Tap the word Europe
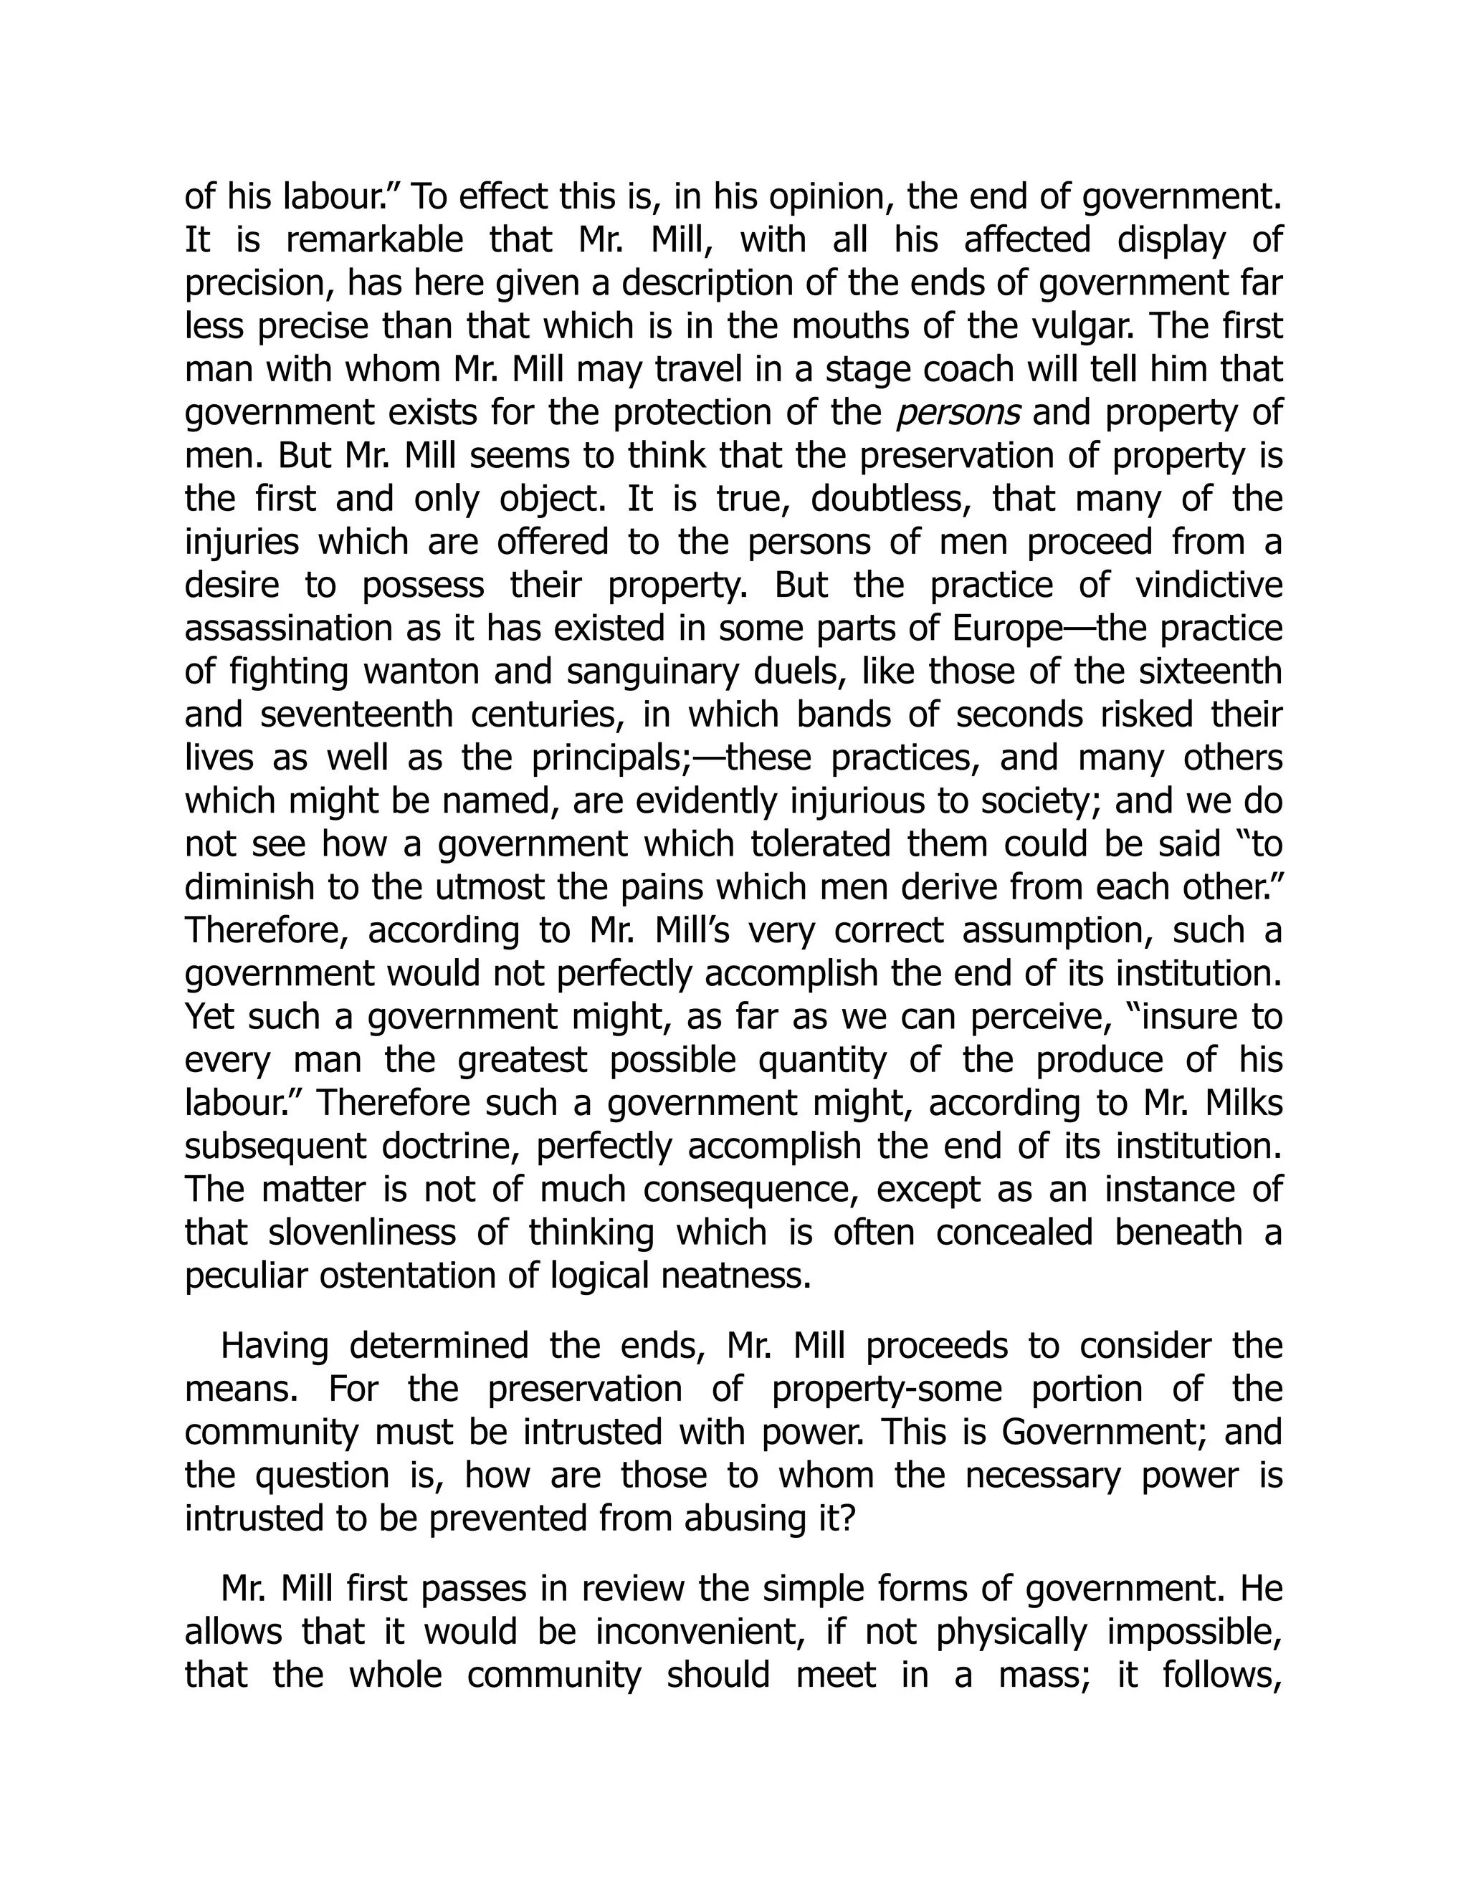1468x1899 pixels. click(1004, 628)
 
